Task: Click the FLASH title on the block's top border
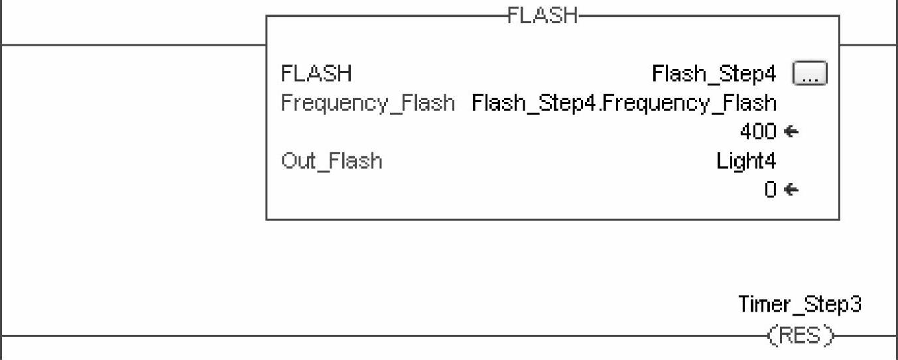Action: coord(542,15)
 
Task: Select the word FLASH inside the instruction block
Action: coord(316,74)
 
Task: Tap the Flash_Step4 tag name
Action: coord(714,74)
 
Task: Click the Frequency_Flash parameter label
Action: coord(368,103)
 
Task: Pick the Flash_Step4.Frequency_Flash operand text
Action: coord(623,103)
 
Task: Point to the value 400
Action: coord(757,132)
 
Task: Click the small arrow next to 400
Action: coord(791,132)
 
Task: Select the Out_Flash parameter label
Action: coord(332,161)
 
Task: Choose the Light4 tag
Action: coord(746,161)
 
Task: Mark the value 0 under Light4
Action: coord(769,190)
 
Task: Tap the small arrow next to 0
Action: coord(791,190)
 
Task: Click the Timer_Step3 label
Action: coord(800,304)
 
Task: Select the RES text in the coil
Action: coord(800,335)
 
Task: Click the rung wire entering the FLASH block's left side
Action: coord(133,45)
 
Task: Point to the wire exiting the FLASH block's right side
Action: coord(868,45)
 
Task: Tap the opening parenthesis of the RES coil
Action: coord(771,335)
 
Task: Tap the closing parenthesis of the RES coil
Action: coord(829,335)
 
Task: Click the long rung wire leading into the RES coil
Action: coord(385,336)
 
